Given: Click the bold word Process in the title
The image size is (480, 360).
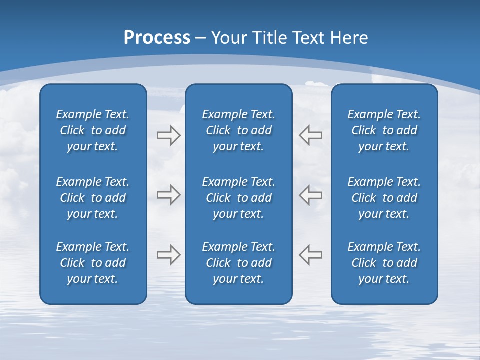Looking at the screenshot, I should (x=157, y=38).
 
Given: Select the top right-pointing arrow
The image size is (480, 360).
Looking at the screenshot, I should (x=168, y=135).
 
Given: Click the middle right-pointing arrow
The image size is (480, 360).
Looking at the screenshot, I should (x=168, y=195).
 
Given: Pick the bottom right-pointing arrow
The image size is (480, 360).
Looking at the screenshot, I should (x=168, y=255).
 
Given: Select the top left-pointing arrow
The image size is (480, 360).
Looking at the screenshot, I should (x=311, y=135).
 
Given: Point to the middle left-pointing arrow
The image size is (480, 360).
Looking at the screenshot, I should (x=311, y=195).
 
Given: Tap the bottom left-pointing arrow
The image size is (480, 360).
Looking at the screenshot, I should (x=311, y=255).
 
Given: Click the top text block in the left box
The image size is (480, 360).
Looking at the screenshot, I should (x=93, y=130).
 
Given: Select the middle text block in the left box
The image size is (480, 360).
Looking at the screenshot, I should (x=93, y=198).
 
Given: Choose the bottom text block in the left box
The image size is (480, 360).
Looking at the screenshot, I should (x=93, y=263).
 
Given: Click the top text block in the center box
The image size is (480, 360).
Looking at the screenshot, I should (x=239, y=130).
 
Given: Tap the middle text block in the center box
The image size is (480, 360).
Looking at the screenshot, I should (x=239, y=198).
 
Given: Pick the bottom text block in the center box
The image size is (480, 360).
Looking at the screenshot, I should (x=239, y=263).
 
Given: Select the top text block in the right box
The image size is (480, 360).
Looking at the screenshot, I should (x=384, y=130).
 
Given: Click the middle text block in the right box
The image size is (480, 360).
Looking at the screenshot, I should (x=384, y=198).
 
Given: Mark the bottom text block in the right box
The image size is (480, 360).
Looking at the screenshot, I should (x=384, y=263).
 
